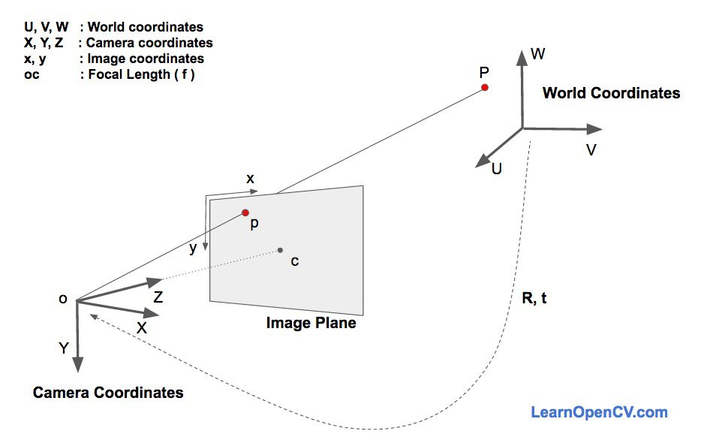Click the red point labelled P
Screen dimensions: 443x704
coord(485,88)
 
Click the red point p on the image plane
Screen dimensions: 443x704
coord(245,212)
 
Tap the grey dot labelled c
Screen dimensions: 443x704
coord(280,250)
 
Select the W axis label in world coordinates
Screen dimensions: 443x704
coord(537,54)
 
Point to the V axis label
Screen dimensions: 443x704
coord(591,150)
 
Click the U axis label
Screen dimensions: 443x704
coord(496,169)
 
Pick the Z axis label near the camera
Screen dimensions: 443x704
coord(158,297)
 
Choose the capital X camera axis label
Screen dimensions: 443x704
coord(141,328)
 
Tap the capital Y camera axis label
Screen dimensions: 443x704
coord(64,348)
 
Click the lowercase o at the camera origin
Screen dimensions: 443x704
coord(62,299)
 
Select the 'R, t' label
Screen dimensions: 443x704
coord(534,297)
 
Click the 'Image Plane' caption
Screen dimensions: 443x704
coord(311,324)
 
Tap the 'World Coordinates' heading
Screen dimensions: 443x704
coord(611,94)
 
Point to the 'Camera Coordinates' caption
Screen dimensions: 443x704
coord(108,392)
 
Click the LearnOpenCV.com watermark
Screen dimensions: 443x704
coord(599,411)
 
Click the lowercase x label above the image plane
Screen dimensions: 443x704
coord(251,179)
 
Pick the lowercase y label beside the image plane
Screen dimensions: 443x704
coord(194,249)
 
